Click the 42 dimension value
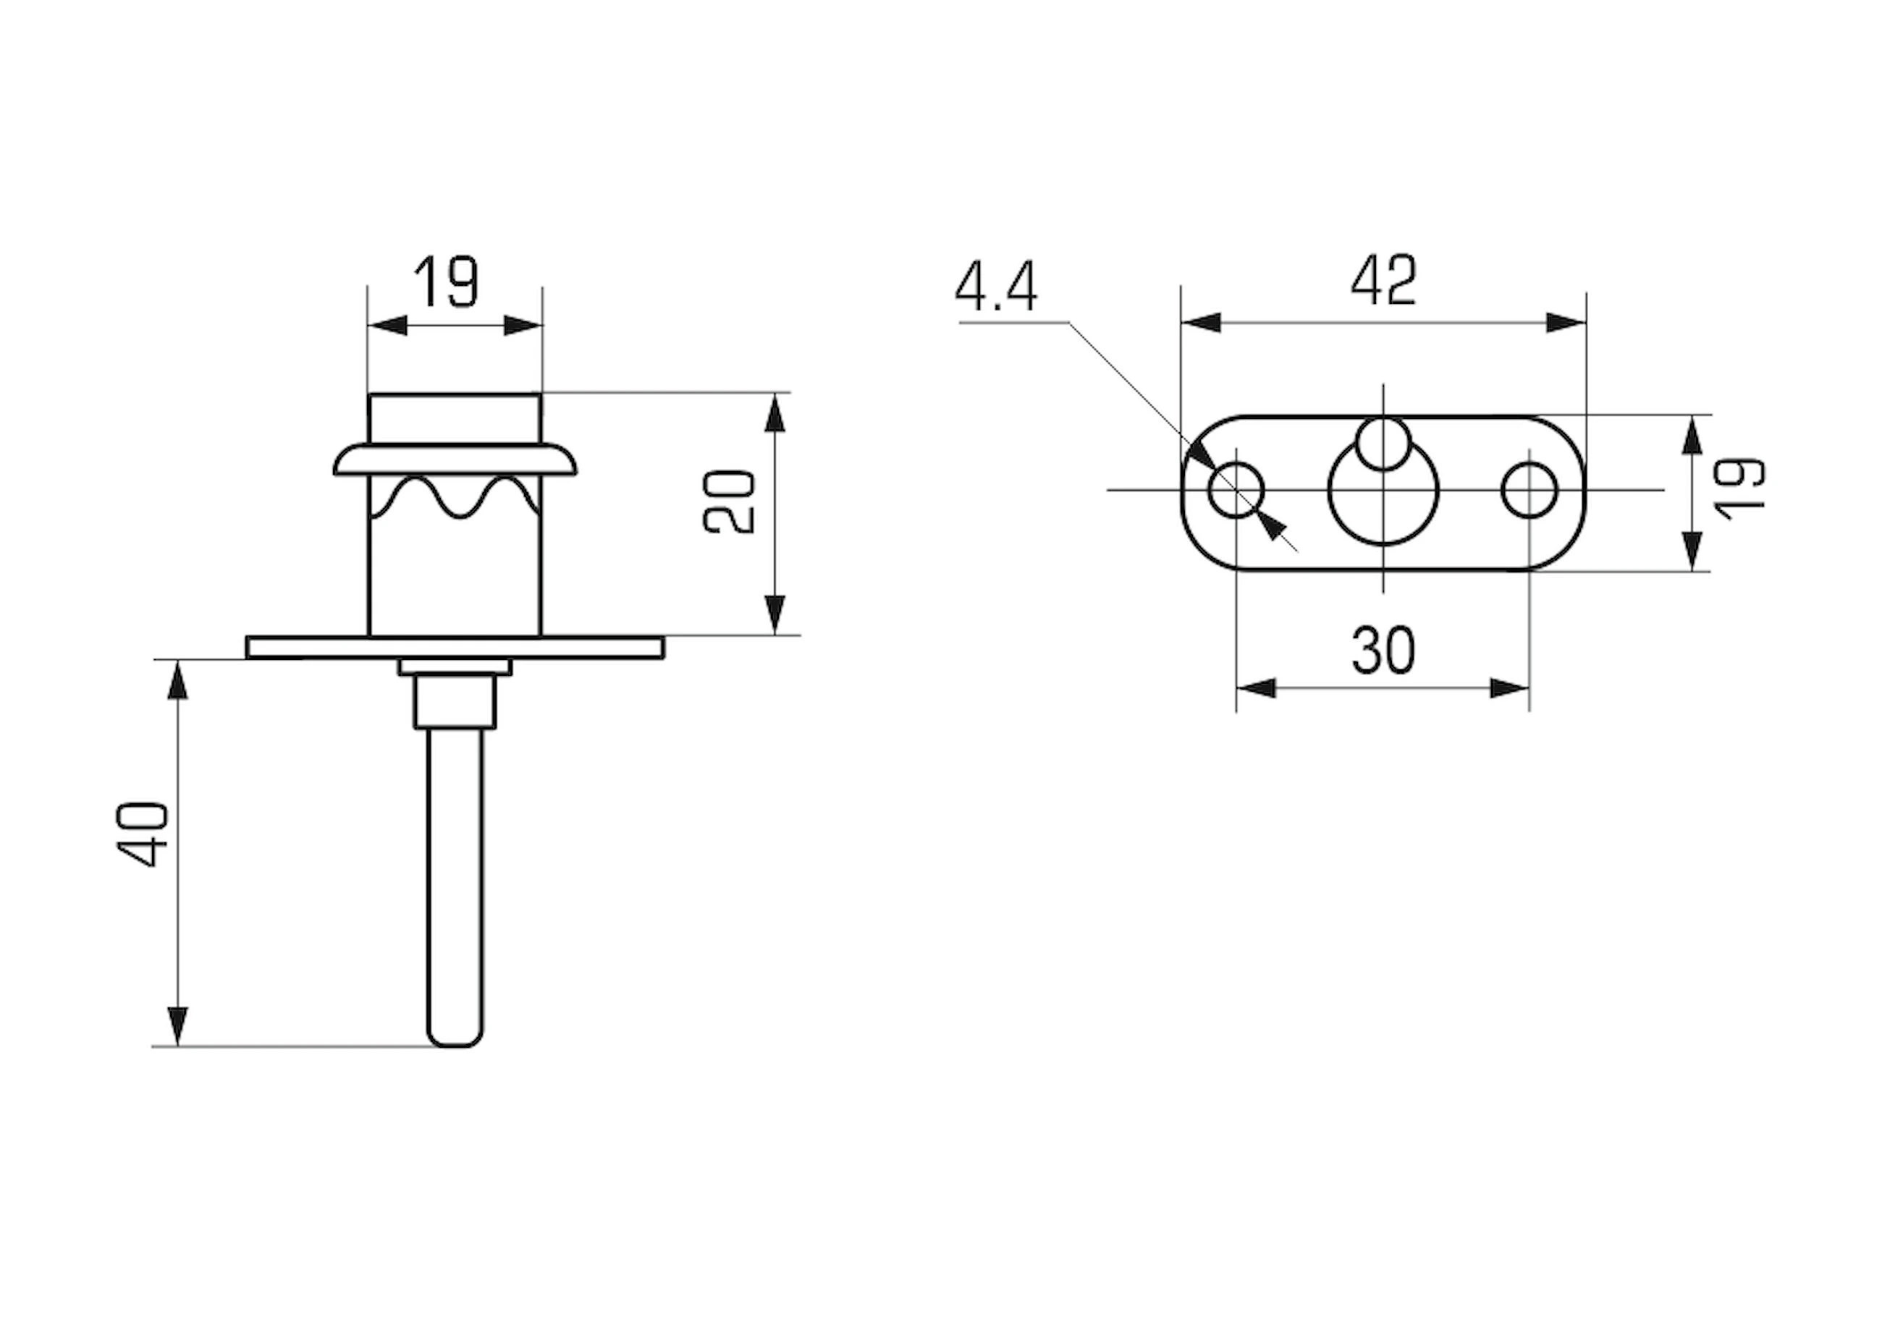click(x=1383, y=280)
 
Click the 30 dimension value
click(x=1383, y=651)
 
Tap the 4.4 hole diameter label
click(x=996, y=286)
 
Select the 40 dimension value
click(x=143, y=834)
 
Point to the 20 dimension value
click(x=729, y=502)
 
